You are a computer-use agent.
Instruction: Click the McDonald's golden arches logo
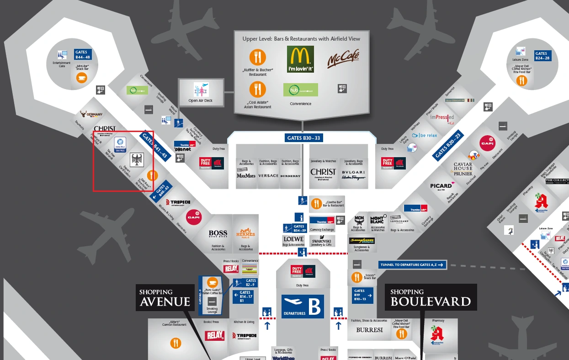click(300, 59)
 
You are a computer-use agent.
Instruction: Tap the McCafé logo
click(343, 59)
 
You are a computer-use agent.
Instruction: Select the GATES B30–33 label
click(301, 138)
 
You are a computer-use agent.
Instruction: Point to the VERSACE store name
click(268, 176)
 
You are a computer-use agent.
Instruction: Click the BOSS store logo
click(218, 234)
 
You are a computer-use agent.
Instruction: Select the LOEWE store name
click(293, 239)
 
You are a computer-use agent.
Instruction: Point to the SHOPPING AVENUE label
click(165, 298)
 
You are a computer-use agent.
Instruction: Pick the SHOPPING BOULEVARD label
click(431, 298)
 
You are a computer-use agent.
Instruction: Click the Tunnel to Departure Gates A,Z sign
click(412, 265)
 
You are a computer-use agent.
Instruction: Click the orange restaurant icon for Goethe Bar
click(316, 203)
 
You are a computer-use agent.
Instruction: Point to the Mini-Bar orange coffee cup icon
click(81, 78)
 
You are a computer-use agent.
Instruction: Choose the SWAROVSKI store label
click(322, 241)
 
